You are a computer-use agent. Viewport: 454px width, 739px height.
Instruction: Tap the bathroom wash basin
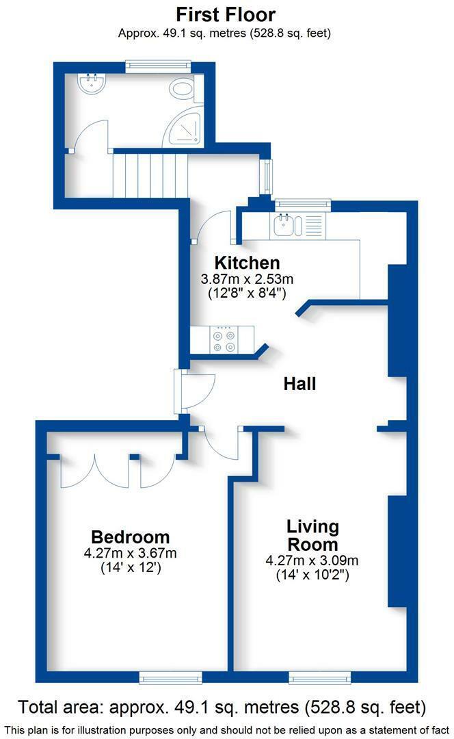(92, 85)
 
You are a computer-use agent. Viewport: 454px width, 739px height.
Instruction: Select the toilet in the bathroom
(183, 89)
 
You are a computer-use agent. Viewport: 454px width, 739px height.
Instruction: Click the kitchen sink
(283, 224)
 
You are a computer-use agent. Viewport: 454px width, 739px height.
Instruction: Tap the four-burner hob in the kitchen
(223, 339)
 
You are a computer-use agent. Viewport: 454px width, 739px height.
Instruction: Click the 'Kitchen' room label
(247, 263)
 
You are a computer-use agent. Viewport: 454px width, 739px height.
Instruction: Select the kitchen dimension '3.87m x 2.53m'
(247, 279)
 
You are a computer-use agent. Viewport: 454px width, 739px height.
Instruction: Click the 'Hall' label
(299, 384)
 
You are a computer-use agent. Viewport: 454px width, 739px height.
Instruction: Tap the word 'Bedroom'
(131, 537)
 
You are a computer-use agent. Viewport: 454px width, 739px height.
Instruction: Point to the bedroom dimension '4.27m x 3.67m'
(131, 554)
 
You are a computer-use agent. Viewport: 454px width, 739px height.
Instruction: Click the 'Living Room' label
(312, 536)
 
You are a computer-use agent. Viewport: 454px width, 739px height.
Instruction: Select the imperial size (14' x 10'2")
(312, 575)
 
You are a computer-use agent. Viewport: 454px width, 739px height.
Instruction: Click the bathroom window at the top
(157, 66)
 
